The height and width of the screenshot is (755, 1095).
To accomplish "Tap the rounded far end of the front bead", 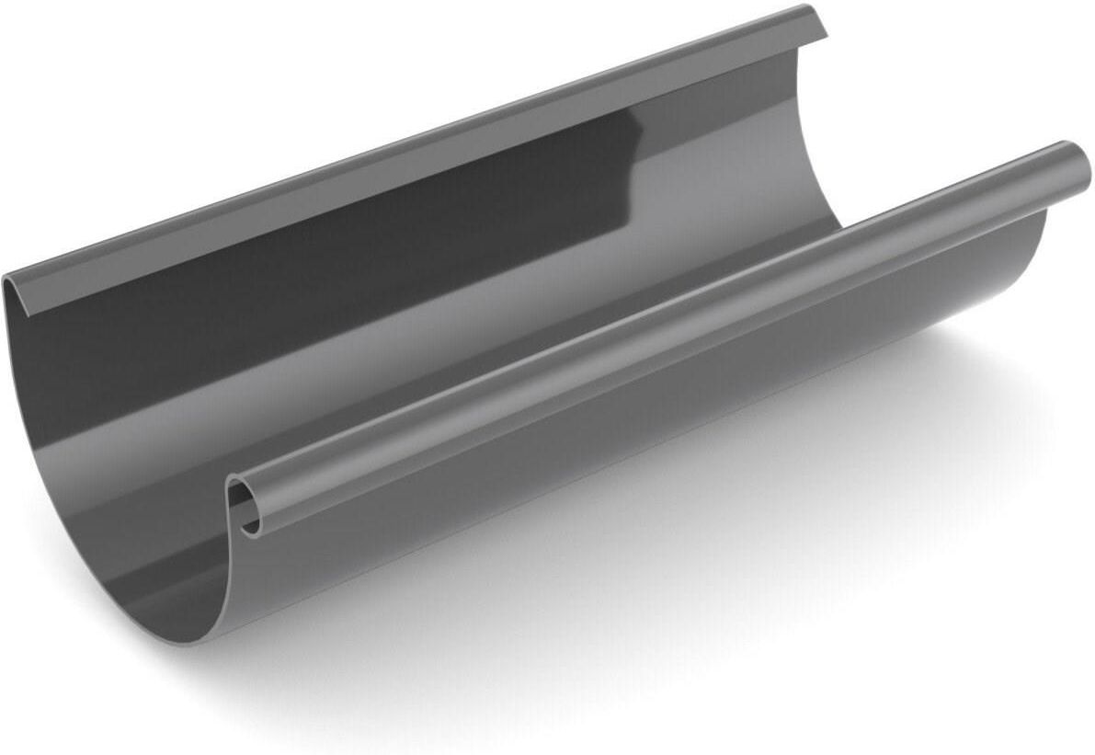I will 1077,163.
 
